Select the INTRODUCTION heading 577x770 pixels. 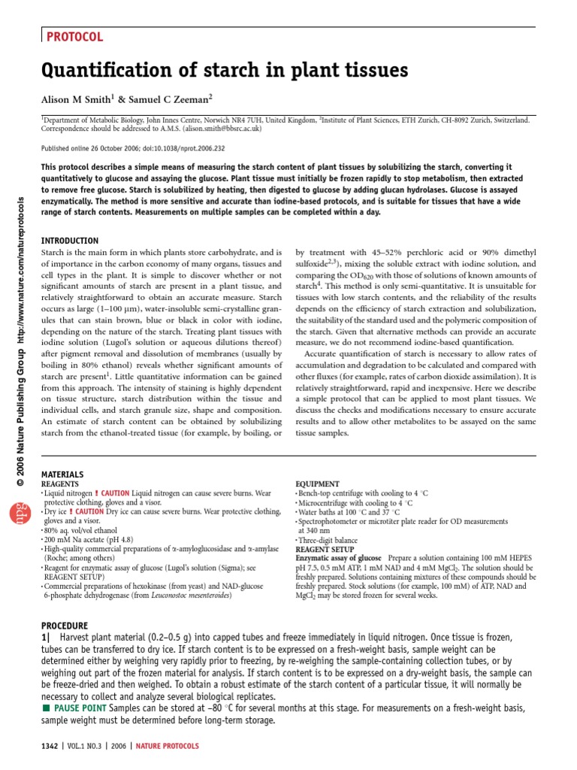pyautogui.click(x=69, y=240)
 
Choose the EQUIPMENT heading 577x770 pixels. pyautogui.click(x=318, y=484)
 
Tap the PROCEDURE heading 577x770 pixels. pyautogui.click(x=65, y=626)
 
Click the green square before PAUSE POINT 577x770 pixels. pyautogui.click(x=47, y=708)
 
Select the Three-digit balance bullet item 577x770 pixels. pyautogui.click(x=328, y=540)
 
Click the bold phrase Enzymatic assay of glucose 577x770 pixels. pyautogui.click(x=338, y=559)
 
